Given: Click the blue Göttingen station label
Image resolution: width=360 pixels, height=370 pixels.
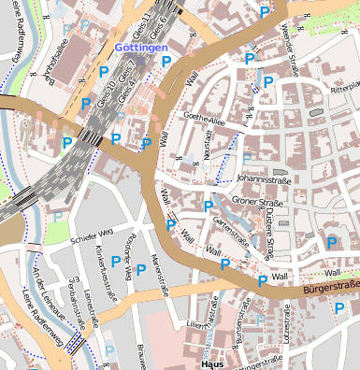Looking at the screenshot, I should click(141, 47).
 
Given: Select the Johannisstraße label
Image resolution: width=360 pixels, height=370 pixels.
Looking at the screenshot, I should click(263, 175).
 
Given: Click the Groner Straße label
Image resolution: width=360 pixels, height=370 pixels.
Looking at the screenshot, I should click(257, 200).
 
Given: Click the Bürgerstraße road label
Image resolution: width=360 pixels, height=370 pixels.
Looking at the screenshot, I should click(330, 288).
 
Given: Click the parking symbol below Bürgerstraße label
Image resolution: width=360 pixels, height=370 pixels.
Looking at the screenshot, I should click(339, 308).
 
